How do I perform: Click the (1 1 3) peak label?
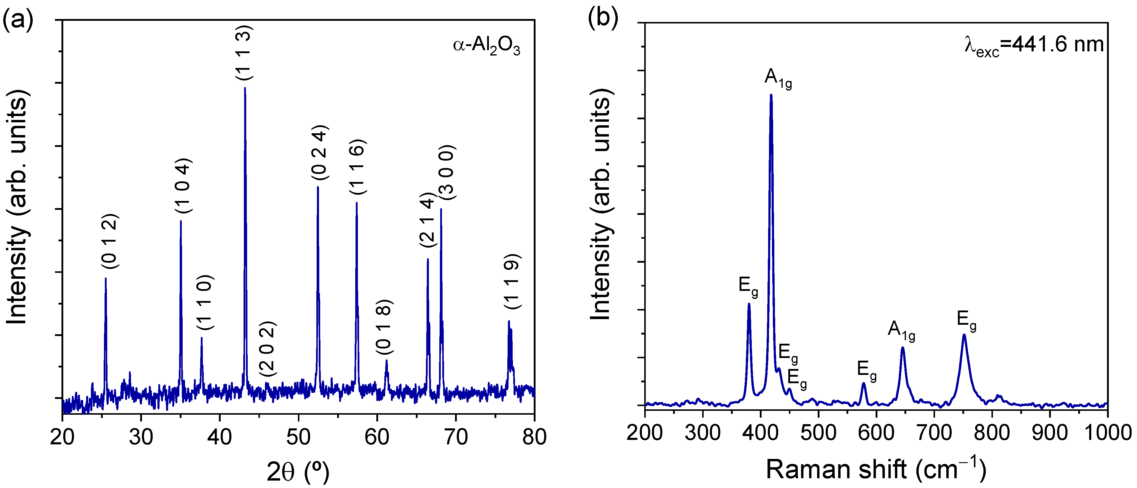pyautogui.click(x=244, y=53)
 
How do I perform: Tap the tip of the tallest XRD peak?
pyautogui.click(x=245, y=88)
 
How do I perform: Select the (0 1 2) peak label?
pyautogui.click(x=110, y=241)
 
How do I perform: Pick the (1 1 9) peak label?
pyautogui.click(x=512, y=281)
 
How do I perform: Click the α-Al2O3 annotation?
pyautogui.click(x=487, y=46)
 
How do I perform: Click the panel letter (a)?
pyautogui.click(x=18, y=20)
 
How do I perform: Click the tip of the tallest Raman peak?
pyautogui.click(x=771, y=95)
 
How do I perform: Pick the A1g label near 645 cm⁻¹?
pyautogui.click(x=901, y=331)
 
